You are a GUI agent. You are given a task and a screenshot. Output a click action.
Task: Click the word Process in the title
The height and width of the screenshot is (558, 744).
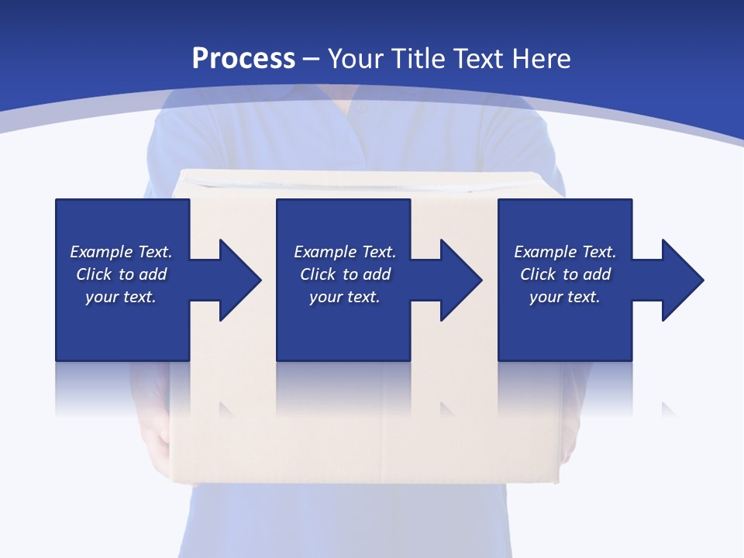click(x=243, y=59)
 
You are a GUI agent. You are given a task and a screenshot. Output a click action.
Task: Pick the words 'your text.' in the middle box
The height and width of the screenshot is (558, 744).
click(x=344, y=298)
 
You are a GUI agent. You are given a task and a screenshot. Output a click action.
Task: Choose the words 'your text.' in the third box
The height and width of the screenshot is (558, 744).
click(x=565, y=298)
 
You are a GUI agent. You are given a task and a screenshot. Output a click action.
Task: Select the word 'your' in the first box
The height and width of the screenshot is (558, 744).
click(x=101, y=298)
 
